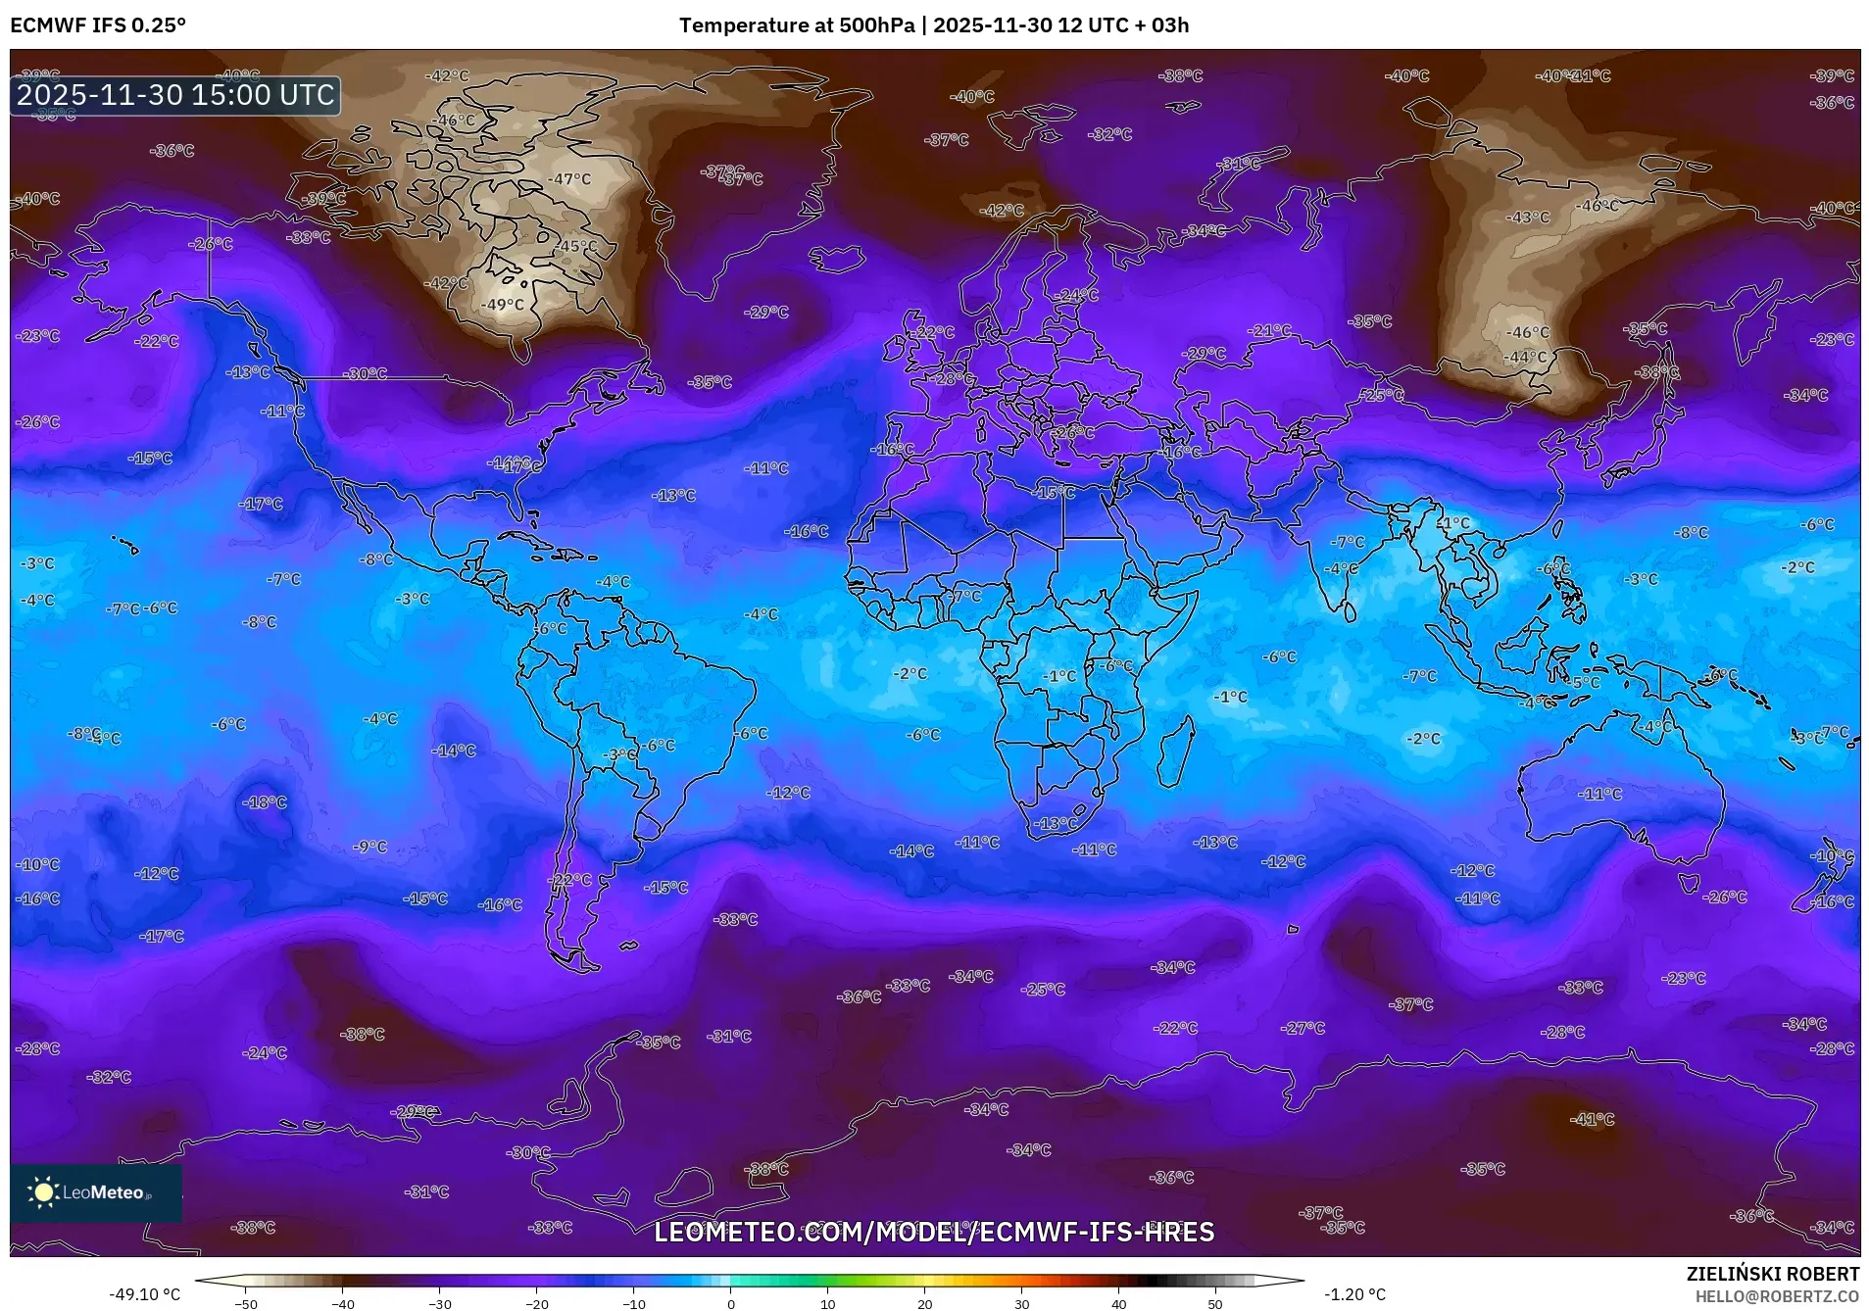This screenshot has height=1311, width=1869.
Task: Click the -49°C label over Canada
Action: pos(504,305)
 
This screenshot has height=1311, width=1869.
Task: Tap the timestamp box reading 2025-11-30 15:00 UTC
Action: pos(175,95)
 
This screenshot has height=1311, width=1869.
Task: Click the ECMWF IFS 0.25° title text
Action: pos(98,24)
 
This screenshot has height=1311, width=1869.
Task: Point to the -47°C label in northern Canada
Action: pos(570,179)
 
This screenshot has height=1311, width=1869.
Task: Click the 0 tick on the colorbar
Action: pos(731,1303)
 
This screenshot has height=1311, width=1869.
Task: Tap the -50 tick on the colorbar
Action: pos(246,1303)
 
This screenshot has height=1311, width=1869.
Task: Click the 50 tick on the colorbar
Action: pos(1215,1303)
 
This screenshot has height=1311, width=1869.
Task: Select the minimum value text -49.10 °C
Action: pos(145,1294)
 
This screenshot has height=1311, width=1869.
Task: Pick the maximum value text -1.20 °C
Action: pos(1354,1294)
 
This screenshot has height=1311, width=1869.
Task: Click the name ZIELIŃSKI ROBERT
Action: pos(1772,1274)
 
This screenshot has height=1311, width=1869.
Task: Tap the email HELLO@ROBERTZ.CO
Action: pos(1777,1296)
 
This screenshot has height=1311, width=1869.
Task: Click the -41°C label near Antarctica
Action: pos(1592,1119)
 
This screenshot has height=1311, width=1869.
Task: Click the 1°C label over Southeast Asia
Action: pos(1455,523)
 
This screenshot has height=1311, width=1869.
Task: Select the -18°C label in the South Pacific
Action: pos(266,802)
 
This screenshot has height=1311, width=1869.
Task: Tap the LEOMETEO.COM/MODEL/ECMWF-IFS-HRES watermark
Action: pos(934,1232)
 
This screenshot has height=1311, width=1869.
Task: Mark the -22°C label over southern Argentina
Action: pos(571,880)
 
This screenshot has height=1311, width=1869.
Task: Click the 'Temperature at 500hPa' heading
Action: pos(796,24)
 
